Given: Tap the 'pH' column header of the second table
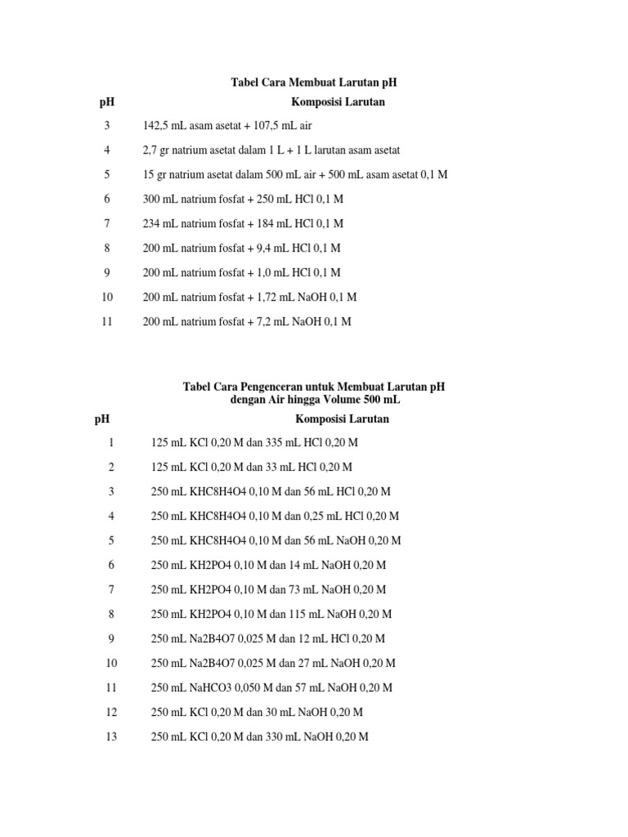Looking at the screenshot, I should pyautogui.click(x=102, y=419).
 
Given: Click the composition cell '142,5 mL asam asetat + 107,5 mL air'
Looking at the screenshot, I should pyautogui.click(x=227, y=126).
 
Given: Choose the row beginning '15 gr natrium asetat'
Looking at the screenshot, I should pyautogui.click(x=295, y=175).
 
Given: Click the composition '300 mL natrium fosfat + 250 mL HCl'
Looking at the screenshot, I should pyautogui.click(x=243, y=199).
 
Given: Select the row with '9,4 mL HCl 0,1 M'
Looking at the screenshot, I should pyautogui.click(x=241, y=248).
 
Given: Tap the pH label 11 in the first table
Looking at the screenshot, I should pyautogui.click(x=106, y=322).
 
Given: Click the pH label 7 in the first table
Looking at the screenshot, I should pyautogui.click(x=106, y=224).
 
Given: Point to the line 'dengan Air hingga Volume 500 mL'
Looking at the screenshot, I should pyautogui.click(x=315, y=401).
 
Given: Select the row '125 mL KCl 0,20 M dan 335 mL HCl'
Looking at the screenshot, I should pyautogui.click(x=254, y=442).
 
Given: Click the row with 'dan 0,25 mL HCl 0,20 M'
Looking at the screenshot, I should pyautogui.click(x=275, y=516).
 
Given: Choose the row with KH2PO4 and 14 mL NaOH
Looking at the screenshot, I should pyautogui.click(x=268, y=565).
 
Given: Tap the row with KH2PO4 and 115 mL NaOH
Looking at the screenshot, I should pyautogui.click(x=271, y=614).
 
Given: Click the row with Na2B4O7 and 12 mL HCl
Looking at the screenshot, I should pyautogui.click(x=268, y=638).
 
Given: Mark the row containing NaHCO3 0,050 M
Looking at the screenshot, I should pyautogui.click(x=271, y=687).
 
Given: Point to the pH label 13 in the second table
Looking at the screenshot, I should pyautogui.click(x=111, y=736).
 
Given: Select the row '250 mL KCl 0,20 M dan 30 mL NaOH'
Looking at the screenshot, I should pyautogui.click(x=257, y=712).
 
